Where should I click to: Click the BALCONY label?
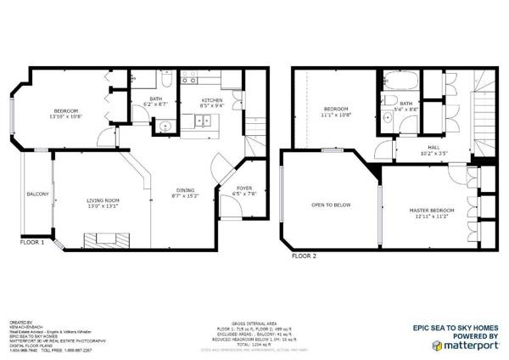tap(37, 194)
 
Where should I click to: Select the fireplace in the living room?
tap(109, 238)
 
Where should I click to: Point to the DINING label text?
tap(182, 189)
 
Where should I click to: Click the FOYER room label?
tap(243, 189)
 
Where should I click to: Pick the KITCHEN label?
tap(211, 100)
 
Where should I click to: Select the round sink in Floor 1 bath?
tap(164, 127)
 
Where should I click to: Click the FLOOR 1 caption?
tap(33, 242)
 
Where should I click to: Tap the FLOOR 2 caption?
tap(304, 255)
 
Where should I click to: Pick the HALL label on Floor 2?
tap(433, 147)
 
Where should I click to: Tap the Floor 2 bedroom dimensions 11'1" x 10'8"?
tap(338, 115)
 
